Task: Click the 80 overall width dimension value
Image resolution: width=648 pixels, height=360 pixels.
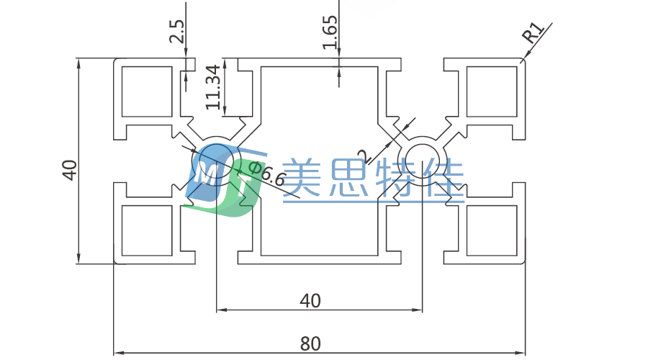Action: (310, 343)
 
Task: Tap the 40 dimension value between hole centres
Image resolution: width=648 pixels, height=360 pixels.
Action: (310, 301)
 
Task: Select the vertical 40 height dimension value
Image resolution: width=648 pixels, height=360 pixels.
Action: (70, 170)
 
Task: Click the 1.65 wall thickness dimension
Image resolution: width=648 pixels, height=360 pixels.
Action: (330, 32)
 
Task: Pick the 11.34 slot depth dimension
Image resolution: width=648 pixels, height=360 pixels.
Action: (212, 86)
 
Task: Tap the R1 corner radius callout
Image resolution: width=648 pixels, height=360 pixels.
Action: (533, 33)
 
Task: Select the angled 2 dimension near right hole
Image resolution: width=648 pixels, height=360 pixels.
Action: (363, 156)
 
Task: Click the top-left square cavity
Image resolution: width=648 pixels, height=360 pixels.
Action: (147, 91)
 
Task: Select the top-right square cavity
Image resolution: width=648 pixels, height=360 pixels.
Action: (492, 91)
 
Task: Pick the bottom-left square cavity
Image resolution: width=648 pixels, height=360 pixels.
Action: (147, 230)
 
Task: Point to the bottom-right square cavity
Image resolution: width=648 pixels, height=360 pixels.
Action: (492, 230)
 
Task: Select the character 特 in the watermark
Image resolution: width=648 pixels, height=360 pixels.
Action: (397, 179)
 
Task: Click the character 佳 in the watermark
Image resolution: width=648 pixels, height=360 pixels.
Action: (445, 179)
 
